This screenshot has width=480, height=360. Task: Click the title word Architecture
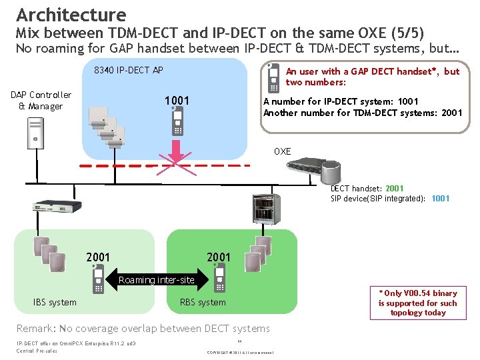pyautogui.click(x=71, y=14)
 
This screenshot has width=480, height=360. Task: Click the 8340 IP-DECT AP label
pyautogui.click(x=129, y=70)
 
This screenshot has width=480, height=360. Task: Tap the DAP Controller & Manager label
pyautogui.click(x=41, y=101)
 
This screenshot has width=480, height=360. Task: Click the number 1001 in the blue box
pyautogui.click(x=177, y=101)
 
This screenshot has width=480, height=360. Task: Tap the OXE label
pyautogui.click(x=282, y=151)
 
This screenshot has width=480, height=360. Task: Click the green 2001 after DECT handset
pyautogui.click(x=394, y=189)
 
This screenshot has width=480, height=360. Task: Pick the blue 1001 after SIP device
pyautogui.click(x=440, y=198)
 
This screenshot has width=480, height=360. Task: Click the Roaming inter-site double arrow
pyautogui.click(x=156, y=280)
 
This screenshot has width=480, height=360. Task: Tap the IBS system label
pyautogui.click(x=55, y=302)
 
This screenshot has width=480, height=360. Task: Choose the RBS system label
pyautogui.click(x=203, y=302)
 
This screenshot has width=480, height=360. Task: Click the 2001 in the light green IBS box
pyautogui.click(x=98, y=257)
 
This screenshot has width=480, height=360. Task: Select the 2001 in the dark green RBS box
pyautogui.click(x=219, y=257)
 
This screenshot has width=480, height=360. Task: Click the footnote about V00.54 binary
pyautogui.click(x=417, y=303)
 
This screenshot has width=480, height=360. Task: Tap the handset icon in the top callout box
pyautogui.click(x=272, y=79)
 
